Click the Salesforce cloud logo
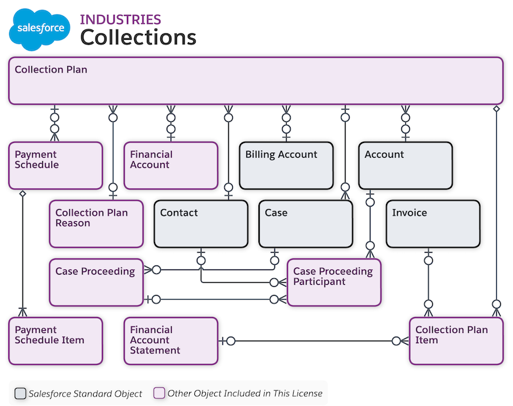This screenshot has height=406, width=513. click(x=40, y=29)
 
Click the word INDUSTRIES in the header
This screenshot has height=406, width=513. click(x=121, y=19)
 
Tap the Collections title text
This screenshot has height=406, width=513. click(x=138, y=37)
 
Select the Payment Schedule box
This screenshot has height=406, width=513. click(x=56, y=165)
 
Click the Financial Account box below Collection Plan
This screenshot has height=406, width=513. click(x=171, y=165)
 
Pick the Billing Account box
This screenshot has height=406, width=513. click(x=287, y=165)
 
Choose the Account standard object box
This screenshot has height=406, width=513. click(x=405, y=165)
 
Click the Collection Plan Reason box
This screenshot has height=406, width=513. click(x=96, y=224)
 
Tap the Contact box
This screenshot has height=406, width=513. click(x=201, y=224)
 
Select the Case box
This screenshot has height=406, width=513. click(x=306, y=224)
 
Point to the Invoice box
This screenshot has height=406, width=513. click(x=433, y=224)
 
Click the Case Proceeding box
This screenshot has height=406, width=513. click(x=96, y=282)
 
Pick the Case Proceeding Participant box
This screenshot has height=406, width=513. click(x=333, y=282)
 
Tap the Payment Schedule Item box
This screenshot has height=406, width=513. click(x=56, y=341)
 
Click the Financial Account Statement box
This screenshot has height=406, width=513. click(x=171, y=341)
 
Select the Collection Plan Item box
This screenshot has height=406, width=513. click(x=456, y=341)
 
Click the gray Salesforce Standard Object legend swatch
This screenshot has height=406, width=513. click(x=21, y=393)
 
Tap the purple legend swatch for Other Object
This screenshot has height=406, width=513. click(x=160, y=393)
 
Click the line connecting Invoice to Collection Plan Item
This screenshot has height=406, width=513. click(x=428, y=282)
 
